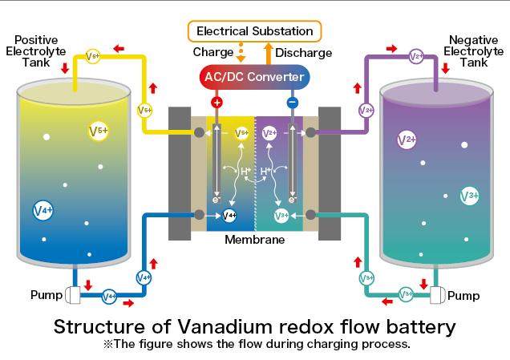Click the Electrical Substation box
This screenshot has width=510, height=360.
255,31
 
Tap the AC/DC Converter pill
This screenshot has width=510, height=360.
254,77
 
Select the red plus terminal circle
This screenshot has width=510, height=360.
217,103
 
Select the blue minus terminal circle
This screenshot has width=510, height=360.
293,103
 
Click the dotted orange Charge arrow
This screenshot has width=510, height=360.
241,52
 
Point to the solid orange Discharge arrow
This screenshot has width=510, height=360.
269,54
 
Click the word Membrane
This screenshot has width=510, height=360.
255,240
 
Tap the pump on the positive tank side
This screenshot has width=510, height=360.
73,295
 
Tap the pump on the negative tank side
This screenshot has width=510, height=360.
438,295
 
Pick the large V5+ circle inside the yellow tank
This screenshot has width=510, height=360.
98,131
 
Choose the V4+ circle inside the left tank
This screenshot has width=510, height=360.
43,210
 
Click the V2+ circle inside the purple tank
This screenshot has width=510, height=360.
407,140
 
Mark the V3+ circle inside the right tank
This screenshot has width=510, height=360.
469,196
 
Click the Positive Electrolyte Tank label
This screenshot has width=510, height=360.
36,51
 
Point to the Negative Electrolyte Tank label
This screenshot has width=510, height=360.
474,51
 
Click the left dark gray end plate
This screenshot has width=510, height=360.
180,174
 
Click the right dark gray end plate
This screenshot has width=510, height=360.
330,174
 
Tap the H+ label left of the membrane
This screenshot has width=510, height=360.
245,171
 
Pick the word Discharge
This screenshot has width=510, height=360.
303,53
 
